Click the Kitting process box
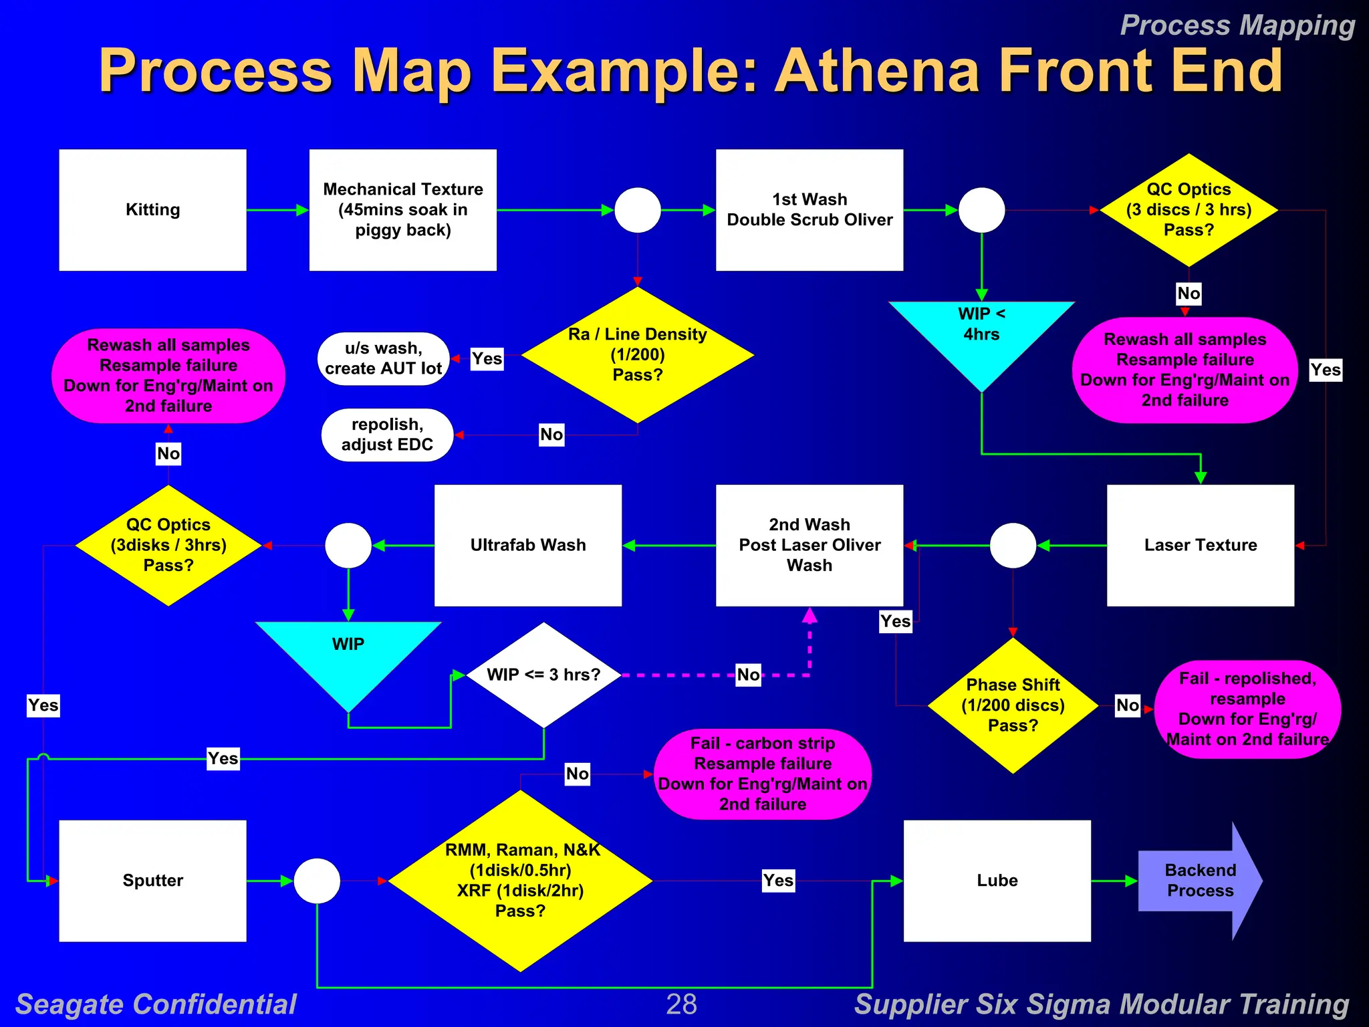click(152, 210)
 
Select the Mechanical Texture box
click(402, 210)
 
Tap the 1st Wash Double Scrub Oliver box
click(809, 210)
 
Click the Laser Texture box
click(1200, 545)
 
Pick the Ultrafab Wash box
click(527, 545)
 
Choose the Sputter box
click(152, 881)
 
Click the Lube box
click(997, 881)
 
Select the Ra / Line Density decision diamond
click(637, 354)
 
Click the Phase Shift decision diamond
click(1013, 705)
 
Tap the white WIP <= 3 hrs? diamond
click(543, 675)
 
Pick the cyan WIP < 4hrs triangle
click(981, 334)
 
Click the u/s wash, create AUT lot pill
click(383, 358)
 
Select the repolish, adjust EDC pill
click(387, 435)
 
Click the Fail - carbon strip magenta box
click(762, 774)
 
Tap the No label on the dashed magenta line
click(748, 675)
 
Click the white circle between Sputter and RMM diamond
click(317, 881)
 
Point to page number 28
click(681, 1004)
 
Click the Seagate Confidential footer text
click(156, 1004)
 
